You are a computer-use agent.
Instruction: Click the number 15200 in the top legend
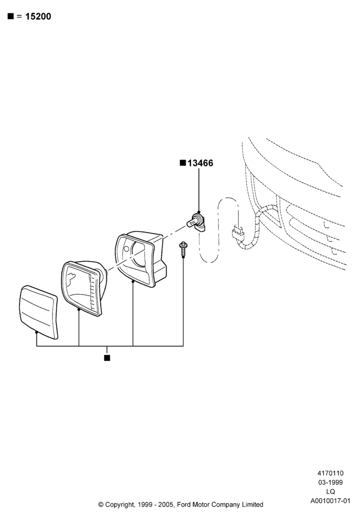coord(38,16)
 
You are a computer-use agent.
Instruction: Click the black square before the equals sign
coord(11,16)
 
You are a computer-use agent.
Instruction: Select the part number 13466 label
coord(200,163)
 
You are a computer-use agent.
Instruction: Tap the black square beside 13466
coord(183,163)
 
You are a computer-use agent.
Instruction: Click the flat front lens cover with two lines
coord(39,312)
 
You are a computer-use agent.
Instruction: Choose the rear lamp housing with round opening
coord(140,259)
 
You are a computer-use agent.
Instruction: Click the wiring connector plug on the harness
coord(238,232)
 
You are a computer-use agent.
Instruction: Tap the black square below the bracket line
coord(107,358)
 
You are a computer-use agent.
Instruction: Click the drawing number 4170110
coord(330,473)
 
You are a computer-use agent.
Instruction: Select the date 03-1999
coord(330,482)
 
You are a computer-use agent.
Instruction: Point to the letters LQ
coord(331,491)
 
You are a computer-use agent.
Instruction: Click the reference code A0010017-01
coord(330,501)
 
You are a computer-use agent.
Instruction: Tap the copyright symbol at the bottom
coord(101,505)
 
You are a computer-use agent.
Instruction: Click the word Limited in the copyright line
coord(253,504)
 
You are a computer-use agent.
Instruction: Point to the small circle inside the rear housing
coord(127,248)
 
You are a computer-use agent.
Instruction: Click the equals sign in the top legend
coord(20,16)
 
